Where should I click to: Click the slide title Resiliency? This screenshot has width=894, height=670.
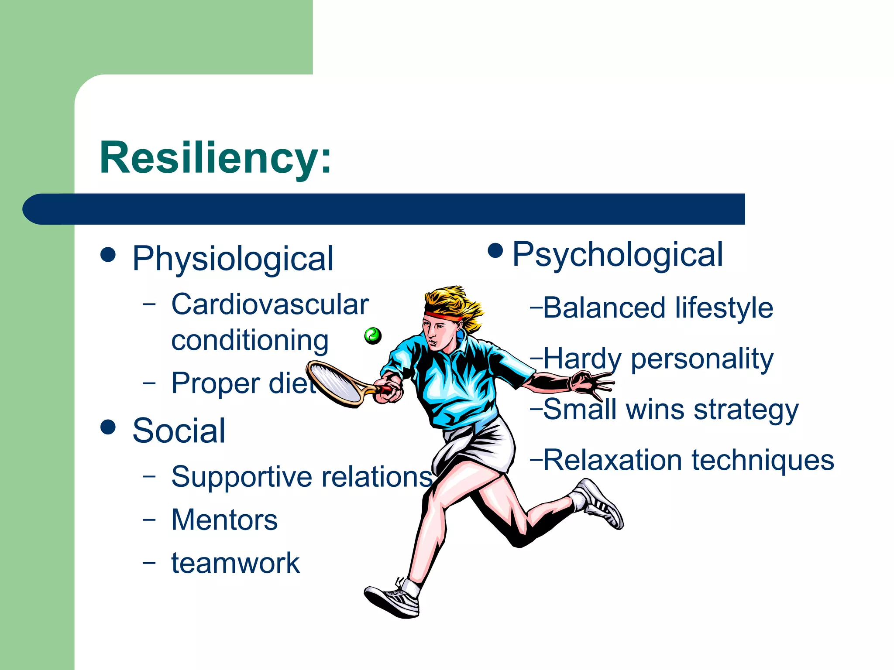pyautogui.click(x=216, y=158)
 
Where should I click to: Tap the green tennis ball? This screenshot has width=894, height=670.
pyautogui.click(x=373, y=335)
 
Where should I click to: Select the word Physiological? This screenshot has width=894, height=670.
pyautogui.click(x=233, y=259)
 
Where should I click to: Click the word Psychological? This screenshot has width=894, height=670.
pyautogui.click(x=617, y=255)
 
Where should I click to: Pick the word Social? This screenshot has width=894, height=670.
pyautogui.click(x=179, y=431)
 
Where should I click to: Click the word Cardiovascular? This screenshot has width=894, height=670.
pyautogui.click(x=270, y=304)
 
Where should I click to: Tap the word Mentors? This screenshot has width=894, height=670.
pyautogui.click(x=224, y=520)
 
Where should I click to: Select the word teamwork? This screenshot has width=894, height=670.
pyautogui.click(x=235, y=563)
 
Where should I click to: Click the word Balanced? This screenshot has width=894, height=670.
pyautogui.click(x=604, y=308)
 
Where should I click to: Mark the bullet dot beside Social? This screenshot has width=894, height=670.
pyautogui.click(x=108, y=427)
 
